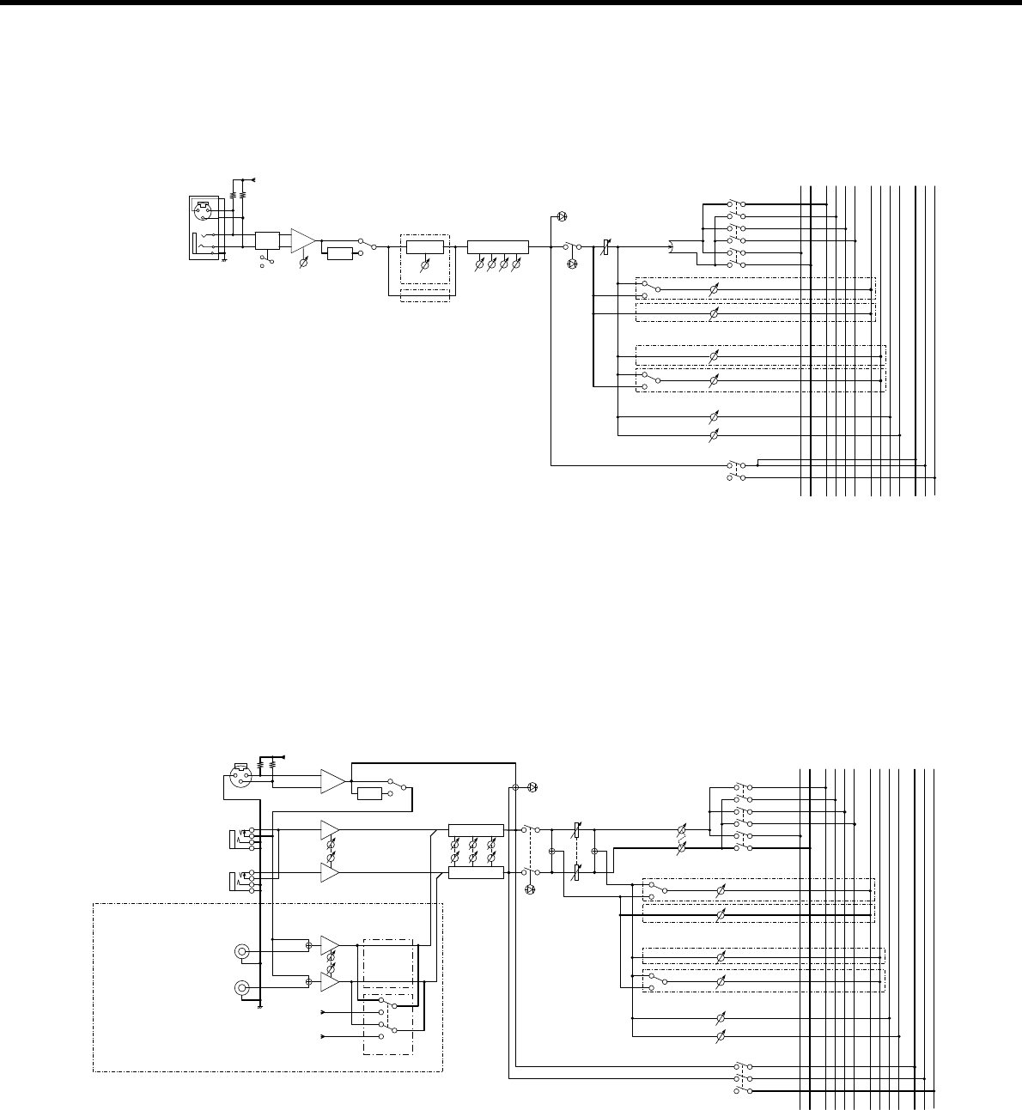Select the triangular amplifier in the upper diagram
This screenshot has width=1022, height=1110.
tap(303, 240)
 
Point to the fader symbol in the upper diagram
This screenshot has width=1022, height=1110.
tap(605, 248)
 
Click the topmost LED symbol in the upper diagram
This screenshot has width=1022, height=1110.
tap(563, 215)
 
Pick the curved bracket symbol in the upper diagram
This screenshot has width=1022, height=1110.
tap(672, 248)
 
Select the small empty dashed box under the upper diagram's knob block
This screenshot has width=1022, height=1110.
tap(424, 295)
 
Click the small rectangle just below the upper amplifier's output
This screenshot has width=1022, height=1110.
tap(340, 253)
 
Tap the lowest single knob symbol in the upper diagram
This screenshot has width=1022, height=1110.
tap(712, 436)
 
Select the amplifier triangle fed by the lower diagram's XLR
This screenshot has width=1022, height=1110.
tap(331, 780)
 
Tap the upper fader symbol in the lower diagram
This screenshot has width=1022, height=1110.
tap(577, 831)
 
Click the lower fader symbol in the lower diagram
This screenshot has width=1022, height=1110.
tap(577, 872)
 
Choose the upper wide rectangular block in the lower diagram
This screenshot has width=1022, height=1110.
tap(476, 830)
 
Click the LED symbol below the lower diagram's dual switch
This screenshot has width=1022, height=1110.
tap(529, 889)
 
